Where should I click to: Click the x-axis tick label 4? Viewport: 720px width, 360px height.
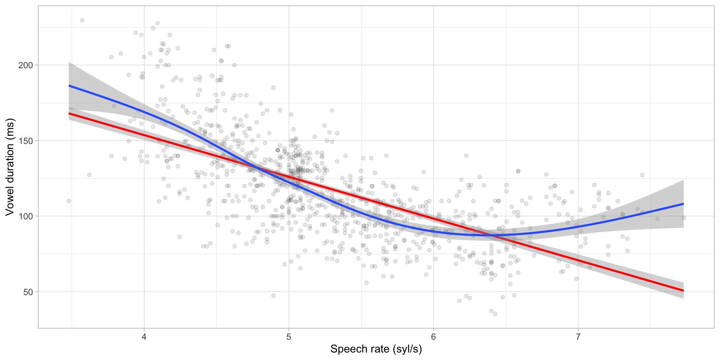144,337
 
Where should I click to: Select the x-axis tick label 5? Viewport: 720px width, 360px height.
289,337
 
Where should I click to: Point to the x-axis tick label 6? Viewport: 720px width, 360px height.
433,337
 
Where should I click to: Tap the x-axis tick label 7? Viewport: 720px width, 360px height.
578,337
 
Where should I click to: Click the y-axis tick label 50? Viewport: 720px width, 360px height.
28,292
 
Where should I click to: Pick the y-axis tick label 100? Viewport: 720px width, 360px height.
26,216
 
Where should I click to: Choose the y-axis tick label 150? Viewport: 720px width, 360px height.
26,141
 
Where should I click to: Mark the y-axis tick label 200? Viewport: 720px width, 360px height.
26,65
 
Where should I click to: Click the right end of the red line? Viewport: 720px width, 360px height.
683,291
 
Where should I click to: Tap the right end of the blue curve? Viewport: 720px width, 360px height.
683,204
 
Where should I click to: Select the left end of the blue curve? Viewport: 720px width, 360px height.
69,86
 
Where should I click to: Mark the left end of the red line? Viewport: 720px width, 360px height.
69,113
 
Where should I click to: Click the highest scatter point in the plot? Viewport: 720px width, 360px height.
82,20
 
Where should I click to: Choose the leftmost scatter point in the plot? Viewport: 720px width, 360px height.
69,201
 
